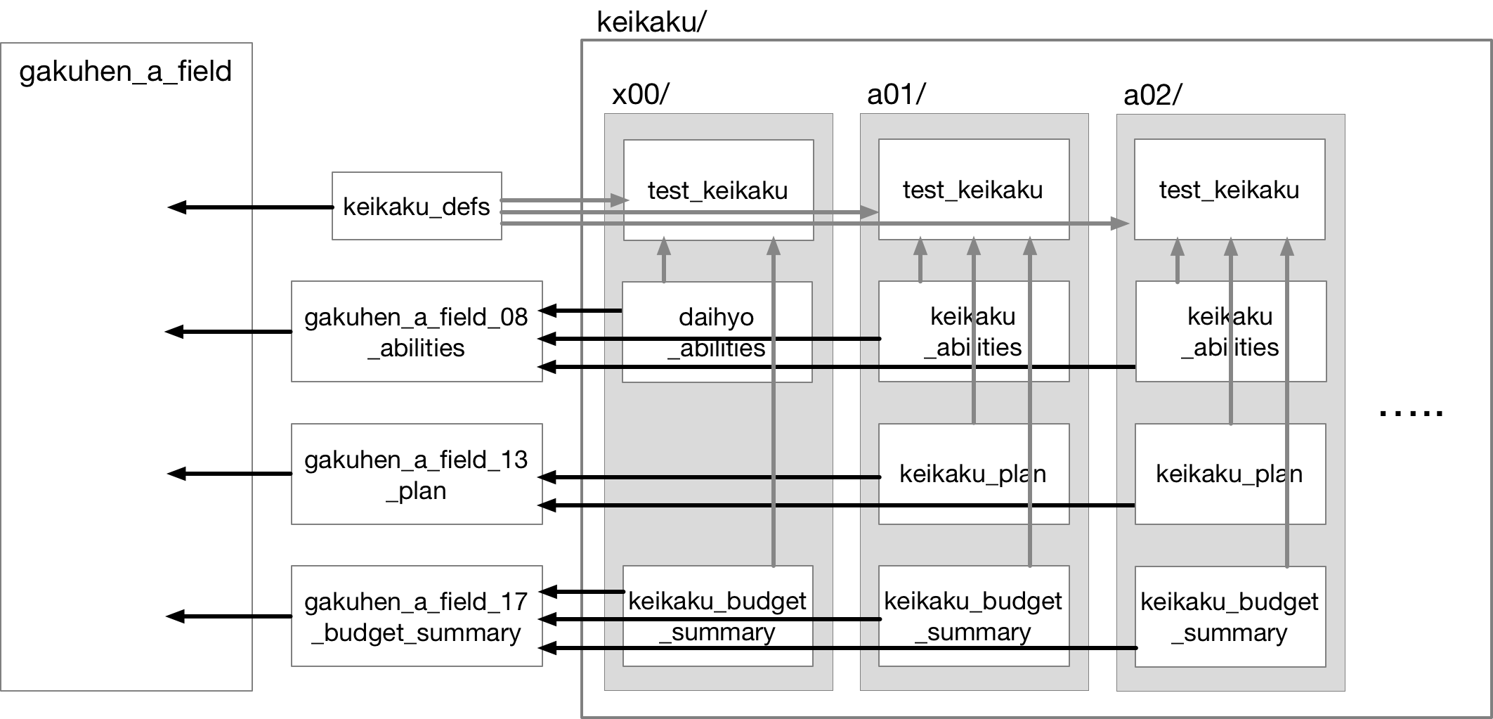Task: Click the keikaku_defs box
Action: (x=417, y=206)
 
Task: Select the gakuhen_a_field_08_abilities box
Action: (x=417, y=332)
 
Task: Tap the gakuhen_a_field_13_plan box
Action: (x=417, y=474)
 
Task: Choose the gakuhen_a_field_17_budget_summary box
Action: (x=417, y=616)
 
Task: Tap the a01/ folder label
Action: (x=897, y=94)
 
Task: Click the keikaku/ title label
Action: (x=651, y=22)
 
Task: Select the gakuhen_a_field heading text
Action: (x=125, y=72)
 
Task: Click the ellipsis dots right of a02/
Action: (x=1410, y=413)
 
